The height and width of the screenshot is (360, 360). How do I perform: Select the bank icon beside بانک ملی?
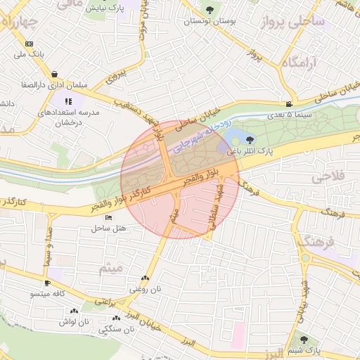(x=28, y=43)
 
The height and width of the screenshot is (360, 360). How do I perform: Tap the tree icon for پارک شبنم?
(x=304, y=339)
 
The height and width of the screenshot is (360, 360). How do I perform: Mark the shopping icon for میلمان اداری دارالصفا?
(x=55, y=74)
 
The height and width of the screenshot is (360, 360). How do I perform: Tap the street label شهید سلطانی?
(x=211, y=210)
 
